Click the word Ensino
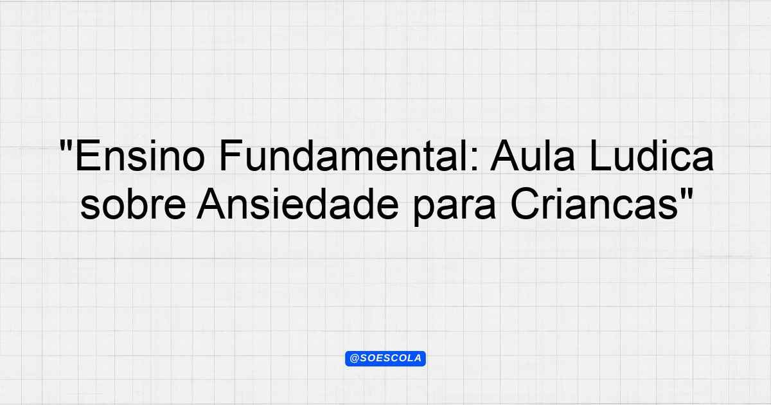tap(140, 156)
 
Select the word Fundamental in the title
tap(344, 156)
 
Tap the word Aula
tap(533, 155)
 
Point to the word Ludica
tap(651, 155)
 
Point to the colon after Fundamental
tap(474, 159)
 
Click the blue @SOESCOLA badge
tap(385, 359)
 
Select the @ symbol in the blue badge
tap(355, 359)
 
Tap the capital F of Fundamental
tap(231, 156)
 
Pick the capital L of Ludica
tap(600, 156)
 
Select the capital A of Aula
tap(505, 156)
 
